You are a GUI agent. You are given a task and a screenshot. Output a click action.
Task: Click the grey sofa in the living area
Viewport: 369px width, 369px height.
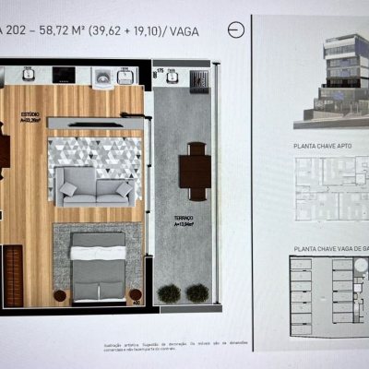[93, 187]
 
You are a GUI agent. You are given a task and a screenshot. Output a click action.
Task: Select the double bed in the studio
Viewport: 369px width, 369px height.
[98, 268]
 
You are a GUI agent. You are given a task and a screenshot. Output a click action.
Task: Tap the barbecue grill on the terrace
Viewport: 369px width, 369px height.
[197, 79]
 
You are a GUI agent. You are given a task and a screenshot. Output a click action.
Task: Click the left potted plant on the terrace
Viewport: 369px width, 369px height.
[169, 293]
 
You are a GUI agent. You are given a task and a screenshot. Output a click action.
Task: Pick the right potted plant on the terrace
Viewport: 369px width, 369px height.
[196, 293]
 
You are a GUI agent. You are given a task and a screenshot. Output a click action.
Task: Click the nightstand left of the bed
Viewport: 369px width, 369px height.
[61, 297]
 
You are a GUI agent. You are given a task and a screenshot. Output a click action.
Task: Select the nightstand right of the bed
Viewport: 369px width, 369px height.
[136, 296]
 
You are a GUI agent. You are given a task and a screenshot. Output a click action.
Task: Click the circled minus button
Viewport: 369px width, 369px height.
[237, 29]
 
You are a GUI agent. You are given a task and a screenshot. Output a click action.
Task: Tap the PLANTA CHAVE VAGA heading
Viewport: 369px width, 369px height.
[330, 247]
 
